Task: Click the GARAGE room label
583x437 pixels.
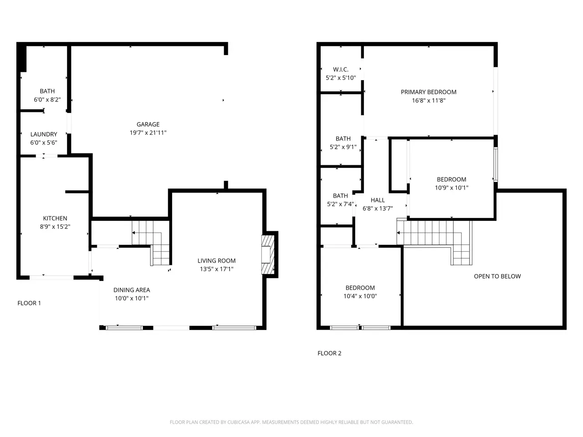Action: [x=148, y=124]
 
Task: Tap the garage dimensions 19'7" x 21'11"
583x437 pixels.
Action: [x=148, y=132]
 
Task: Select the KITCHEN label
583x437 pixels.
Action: [x=55, y=218]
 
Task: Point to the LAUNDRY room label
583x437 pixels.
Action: [x=44, y=134]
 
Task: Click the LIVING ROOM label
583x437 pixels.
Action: [x=216, y=260]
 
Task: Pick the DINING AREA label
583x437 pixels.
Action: [x=132, y=290]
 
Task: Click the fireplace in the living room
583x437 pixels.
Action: [x=268, y=255]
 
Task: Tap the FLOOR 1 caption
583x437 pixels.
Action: [x=29, y=303]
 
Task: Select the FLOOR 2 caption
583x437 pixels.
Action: [x=329, y=353]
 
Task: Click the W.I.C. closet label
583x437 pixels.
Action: [x=341, y=70]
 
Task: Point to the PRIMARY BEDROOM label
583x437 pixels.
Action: [x=429, y=92]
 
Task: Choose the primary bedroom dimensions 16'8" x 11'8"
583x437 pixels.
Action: [x=429, y=101]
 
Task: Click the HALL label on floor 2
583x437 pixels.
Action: [x=378, y=200]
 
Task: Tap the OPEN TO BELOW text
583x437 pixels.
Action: [x=497, y=276]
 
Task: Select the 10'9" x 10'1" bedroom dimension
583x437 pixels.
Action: [x=451, y=188]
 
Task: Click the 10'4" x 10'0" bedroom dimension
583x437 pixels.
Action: [x=360, y=296]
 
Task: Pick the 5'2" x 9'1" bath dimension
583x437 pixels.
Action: [x=343, y=147]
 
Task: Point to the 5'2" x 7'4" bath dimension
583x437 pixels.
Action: [x=340, y=204]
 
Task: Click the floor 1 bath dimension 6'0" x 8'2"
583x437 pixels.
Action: [x=47, y=100]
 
